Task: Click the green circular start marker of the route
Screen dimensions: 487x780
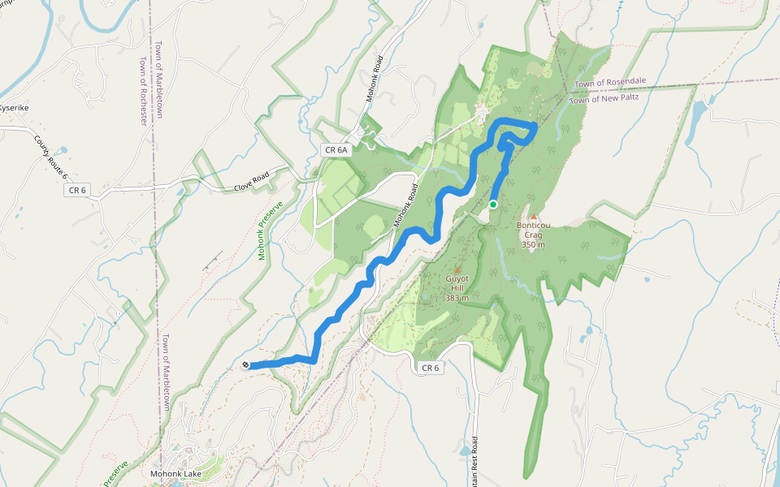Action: pos(493,205)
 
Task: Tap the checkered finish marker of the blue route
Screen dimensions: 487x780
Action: pos(245,365)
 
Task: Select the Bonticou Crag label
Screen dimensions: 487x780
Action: pos(533,230)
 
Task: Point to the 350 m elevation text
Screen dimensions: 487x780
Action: pos(533,244)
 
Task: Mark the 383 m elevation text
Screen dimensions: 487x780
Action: pos(457,298)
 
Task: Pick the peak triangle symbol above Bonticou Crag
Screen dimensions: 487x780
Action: pos(534,217)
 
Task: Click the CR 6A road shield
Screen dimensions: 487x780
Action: pos(335,150)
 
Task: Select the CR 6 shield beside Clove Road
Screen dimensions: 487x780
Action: pos(76,190)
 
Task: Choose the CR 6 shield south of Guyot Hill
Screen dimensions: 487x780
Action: pos(431,368)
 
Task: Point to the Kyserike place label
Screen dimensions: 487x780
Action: pos(14,107)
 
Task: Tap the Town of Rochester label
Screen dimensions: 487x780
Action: pos(143,90)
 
